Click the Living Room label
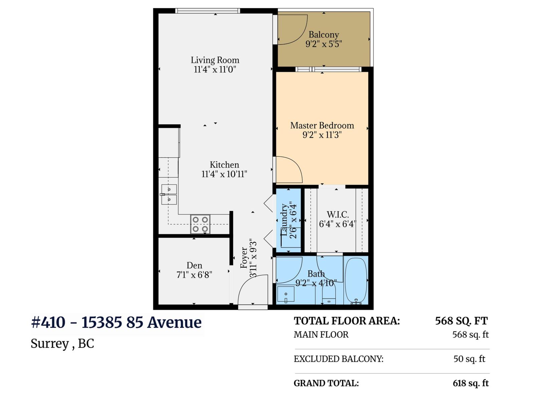tap(215, 60)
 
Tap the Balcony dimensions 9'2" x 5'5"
tap(323, 44)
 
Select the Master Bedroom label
tap(322, 126)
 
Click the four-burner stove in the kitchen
tap(200, 224)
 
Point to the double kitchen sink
tap(169, 194)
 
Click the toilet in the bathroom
tap(329, 296)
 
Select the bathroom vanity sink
tap(286, 294)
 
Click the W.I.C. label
tap(338, 215)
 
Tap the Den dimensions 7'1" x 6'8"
tap(194, 275)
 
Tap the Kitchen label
tap(224, 165)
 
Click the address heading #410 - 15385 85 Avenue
tap(116, 322)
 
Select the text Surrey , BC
tap(62, 344)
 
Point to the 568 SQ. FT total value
tap(461, 321)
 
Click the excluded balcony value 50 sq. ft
tap(469, 359)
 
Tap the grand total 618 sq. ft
tap(470, 383)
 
